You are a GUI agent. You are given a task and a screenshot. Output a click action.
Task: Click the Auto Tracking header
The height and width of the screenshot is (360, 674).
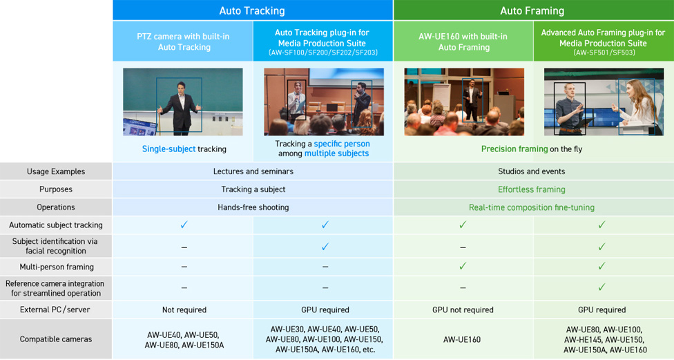(x=252, y=11)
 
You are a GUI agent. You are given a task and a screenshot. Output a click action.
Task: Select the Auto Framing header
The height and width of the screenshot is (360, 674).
(x=532, y=11)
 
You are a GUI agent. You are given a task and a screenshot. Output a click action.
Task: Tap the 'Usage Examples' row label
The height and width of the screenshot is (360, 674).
(x=56, y=171)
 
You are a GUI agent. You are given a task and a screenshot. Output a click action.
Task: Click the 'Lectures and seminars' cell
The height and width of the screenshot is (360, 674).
(x=253, y=171)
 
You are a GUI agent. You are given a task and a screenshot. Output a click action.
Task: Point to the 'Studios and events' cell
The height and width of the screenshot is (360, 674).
(x=532, y=171)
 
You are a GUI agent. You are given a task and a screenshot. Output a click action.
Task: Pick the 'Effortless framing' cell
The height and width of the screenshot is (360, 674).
(x=532, y=189)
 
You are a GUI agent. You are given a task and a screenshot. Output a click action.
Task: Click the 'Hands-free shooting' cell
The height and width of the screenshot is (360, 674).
(x=253, y=207)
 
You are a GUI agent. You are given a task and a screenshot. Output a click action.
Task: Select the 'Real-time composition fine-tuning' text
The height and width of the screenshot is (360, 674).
(x=532, y=207)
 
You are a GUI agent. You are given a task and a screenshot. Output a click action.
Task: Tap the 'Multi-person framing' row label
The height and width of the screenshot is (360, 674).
(x=57, y=267)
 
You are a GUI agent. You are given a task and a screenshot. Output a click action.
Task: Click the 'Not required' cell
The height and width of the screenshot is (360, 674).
(x=184, y=310)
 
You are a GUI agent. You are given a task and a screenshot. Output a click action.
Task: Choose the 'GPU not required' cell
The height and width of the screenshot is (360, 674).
(x=463, y=310)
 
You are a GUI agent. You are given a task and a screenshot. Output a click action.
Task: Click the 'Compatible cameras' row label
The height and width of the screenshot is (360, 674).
(x=56, y=339)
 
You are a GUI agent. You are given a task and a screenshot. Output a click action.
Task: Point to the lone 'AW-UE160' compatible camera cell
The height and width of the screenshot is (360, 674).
(x=462, y=339)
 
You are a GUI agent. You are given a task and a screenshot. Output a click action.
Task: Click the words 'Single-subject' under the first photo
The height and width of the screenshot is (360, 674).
(x=169, y=149)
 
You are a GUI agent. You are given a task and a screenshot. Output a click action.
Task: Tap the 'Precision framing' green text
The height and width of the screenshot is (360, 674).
(x=514, y=149)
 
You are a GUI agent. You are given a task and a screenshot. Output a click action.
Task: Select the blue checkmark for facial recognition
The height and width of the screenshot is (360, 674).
(x=325, y=247)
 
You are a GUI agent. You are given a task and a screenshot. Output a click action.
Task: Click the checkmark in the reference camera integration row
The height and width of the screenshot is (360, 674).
(x=601, y=287)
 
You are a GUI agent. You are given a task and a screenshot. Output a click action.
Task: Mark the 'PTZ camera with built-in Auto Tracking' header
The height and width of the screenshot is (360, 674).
(x=184, y=41)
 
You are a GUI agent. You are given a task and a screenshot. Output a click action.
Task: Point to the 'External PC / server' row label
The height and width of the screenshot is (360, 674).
(x=55, y=310)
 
